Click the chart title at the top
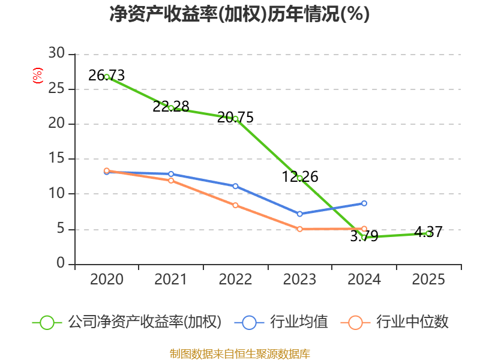tap(239, 14)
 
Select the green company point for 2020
tap(107, 77)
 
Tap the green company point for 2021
tap(171, 108)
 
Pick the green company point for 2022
tap(235, 119)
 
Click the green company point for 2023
tap(299, 178)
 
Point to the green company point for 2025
tap(428, 233)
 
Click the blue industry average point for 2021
tap(171, 174)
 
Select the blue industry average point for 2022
tap(235, 186)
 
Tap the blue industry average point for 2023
tap(299, 214)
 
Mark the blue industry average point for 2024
tap(364, 203)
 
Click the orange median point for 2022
tap(235, 205)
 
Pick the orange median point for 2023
tap(299, 229)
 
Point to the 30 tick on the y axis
tap(56, 54)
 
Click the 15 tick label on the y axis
tap(56, 159)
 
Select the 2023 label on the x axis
tap(299, 280)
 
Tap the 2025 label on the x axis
tap(428, 280)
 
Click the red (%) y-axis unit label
tap(37, 76)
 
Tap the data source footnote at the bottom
tap(239, 353)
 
